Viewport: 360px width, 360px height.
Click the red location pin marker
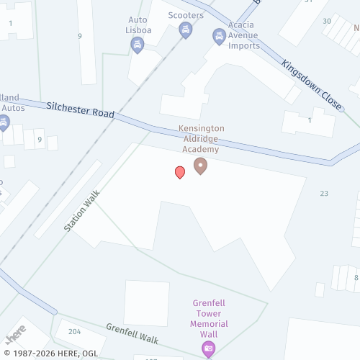180,172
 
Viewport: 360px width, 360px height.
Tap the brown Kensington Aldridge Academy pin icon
201,166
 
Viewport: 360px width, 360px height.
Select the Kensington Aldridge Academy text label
201,138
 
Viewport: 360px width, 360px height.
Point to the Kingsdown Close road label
311,84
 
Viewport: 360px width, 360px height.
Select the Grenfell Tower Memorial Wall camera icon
208,349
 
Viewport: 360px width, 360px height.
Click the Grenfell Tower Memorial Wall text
210,313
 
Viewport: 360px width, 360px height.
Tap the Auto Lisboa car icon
137,45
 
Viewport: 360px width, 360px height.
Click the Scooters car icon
185,30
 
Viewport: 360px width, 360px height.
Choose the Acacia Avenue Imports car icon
219,35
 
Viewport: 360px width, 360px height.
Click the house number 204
74,331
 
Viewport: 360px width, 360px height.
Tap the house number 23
324,193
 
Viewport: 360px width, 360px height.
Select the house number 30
327,21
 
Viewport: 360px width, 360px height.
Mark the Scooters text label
186,14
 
